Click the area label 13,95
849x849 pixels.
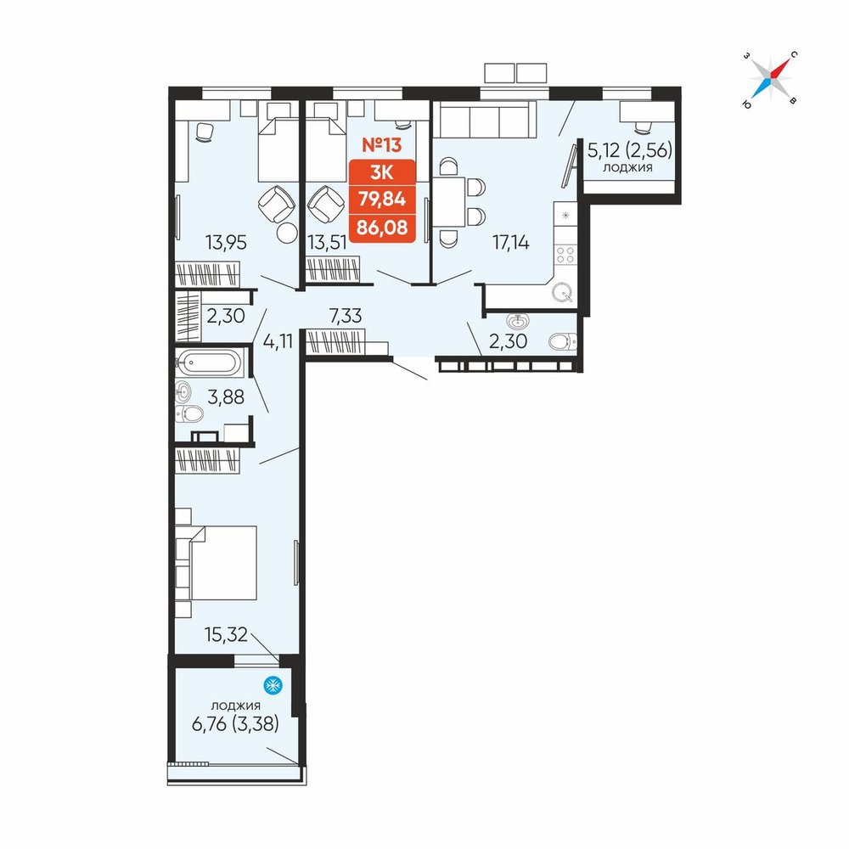coord(226,243)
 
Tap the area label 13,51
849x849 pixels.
coord(327,243)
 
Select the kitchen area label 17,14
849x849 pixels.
coord(510,243)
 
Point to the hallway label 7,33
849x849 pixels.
coord(346,315)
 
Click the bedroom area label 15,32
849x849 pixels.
coord(226,634)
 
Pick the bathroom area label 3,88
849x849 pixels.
coord(226,396)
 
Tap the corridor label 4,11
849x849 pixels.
coord(278,341)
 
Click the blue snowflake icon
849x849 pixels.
coord(273,685)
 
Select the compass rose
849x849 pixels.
coord(771,79)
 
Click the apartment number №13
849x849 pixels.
coord(382,145)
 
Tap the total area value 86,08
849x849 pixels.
coord(382,227)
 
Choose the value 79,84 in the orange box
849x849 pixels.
coord(382,199)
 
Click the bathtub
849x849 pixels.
coord(210,362)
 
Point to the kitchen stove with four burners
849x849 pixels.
coord(565,254)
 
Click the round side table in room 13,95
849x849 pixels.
coord(287,233)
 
